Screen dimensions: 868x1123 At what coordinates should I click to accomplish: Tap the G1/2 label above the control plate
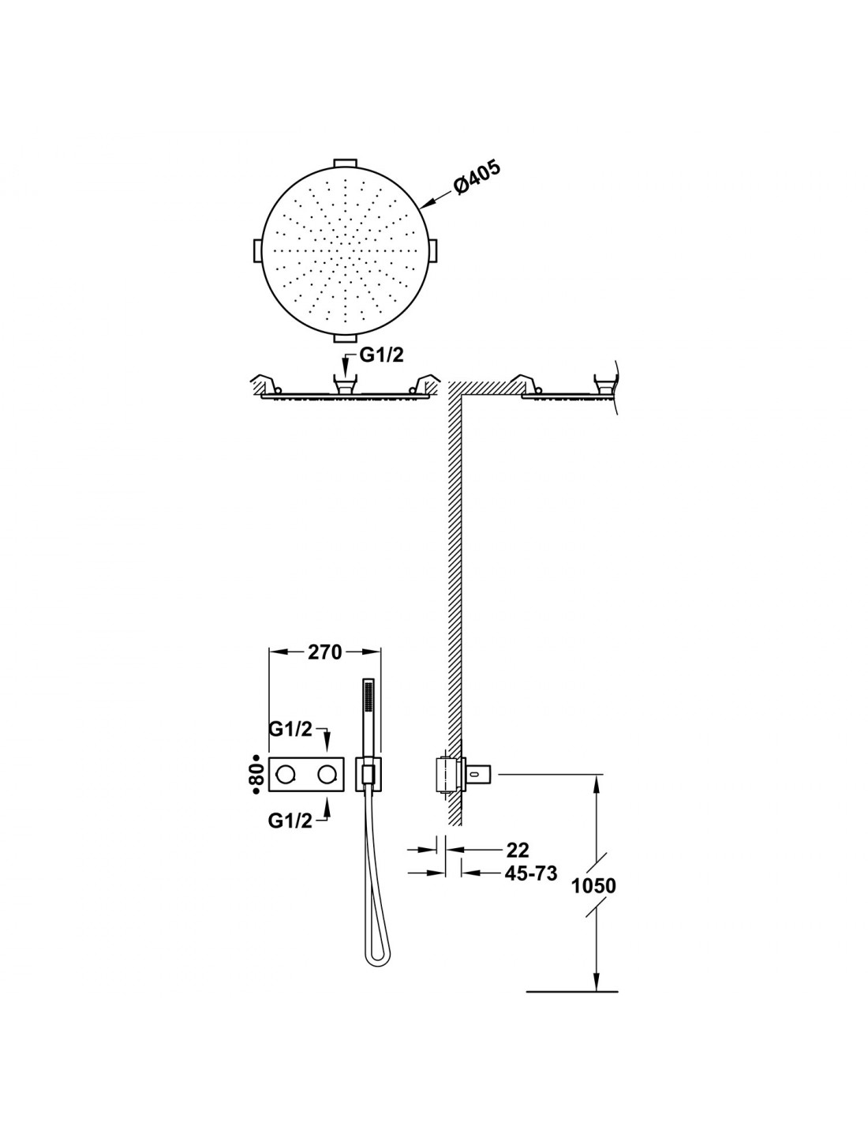click(290, 729)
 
